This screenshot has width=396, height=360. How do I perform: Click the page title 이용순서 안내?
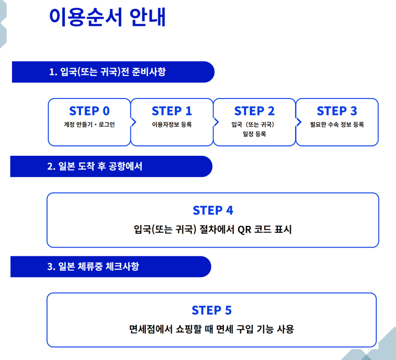pos(107,18)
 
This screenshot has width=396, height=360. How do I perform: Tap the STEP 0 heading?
pos(89,111)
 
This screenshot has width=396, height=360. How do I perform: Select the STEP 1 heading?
pos(172,111)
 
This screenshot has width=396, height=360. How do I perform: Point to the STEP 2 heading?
pos(254,111)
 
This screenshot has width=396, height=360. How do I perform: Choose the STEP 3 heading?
pos(337,111)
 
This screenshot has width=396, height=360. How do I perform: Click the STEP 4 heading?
pos(212,210)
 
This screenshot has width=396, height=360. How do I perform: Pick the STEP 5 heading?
pos(211,310)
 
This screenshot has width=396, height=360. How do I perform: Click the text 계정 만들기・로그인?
pos(89,125)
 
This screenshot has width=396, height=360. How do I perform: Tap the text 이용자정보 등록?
pos(172,125)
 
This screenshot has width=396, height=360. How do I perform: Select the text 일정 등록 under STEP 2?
pos(254,135)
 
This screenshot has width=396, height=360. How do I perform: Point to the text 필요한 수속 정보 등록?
pos(337,125)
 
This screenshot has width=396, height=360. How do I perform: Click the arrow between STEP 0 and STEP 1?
pos(134,122)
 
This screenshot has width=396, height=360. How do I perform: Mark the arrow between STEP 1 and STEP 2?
pos(216,122)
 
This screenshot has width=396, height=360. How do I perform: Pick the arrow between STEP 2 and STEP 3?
pos(299,122)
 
